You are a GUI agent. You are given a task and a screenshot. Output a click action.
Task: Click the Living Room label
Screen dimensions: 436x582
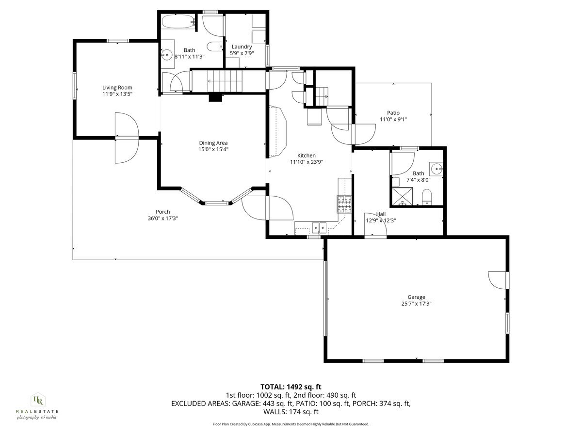point(117,88)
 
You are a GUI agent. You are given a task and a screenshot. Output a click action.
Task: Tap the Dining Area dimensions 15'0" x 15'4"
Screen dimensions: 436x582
point(213,150)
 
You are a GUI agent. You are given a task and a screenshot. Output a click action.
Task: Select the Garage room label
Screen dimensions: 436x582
point(416,297)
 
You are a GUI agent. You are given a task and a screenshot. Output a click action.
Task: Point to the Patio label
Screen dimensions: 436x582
point(393,113)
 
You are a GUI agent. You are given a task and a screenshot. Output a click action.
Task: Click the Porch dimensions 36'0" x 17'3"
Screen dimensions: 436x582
point(162,218)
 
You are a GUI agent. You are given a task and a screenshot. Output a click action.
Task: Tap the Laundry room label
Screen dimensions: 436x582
point(241,47)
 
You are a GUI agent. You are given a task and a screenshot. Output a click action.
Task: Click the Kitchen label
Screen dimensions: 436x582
point(306,155)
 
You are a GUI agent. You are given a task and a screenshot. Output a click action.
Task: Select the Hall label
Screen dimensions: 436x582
point(381,214)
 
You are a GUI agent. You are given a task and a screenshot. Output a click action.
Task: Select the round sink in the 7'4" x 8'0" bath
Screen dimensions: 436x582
point(437,170)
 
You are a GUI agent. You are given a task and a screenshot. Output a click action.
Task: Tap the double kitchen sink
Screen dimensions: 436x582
point(319,226)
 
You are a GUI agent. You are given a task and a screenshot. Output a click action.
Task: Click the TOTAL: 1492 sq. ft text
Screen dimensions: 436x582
point(291,387)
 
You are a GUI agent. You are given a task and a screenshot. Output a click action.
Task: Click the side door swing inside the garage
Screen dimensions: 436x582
point(497,280)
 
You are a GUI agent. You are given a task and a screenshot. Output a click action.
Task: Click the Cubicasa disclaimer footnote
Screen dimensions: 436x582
point(291,424)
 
